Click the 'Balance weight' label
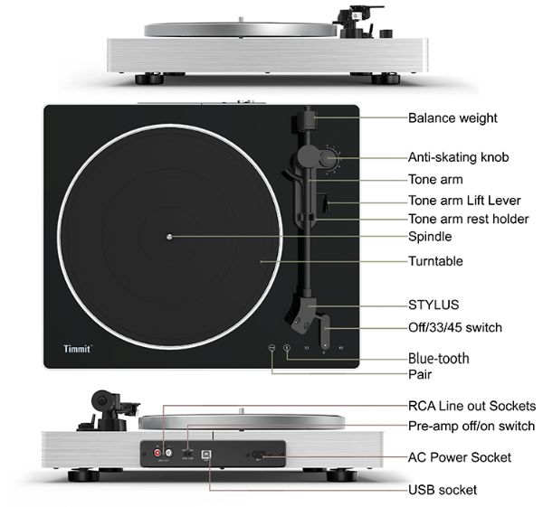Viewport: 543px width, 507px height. [x=452, y=117]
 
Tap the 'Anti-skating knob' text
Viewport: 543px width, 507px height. [x=458, y=157]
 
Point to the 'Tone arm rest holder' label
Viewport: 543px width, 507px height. [x=469, y=219]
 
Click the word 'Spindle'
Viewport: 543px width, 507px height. [x=430, y=237]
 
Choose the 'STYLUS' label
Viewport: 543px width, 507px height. [x=433, y=305]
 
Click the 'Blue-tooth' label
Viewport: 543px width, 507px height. [x=439, y=358]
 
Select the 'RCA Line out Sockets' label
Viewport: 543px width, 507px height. [x=472, y=406]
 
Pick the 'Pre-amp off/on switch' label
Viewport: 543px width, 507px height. [x=472, y=426]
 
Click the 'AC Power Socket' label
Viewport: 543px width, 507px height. [x=459, y=457]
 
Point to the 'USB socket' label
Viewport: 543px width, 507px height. [x=443, y=490]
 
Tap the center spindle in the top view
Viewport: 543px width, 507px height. [x=169, y=237]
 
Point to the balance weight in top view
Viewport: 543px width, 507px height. [x=307, y=118]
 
